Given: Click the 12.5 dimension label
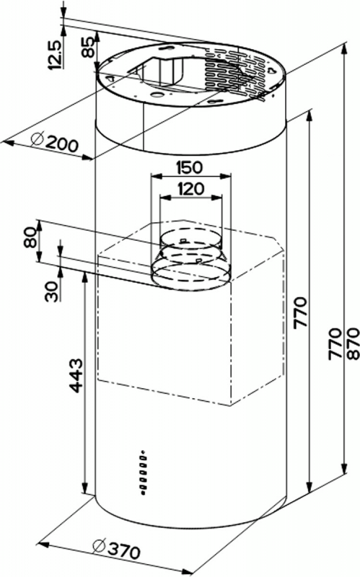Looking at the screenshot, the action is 53,55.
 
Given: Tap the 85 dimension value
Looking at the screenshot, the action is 87,48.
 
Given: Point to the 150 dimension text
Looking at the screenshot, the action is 189,167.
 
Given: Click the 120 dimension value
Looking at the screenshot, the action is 190,189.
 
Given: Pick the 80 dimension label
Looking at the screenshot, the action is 30,238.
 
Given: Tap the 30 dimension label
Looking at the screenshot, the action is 52,292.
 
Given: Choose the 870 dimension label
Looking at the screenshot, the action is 352,343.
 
